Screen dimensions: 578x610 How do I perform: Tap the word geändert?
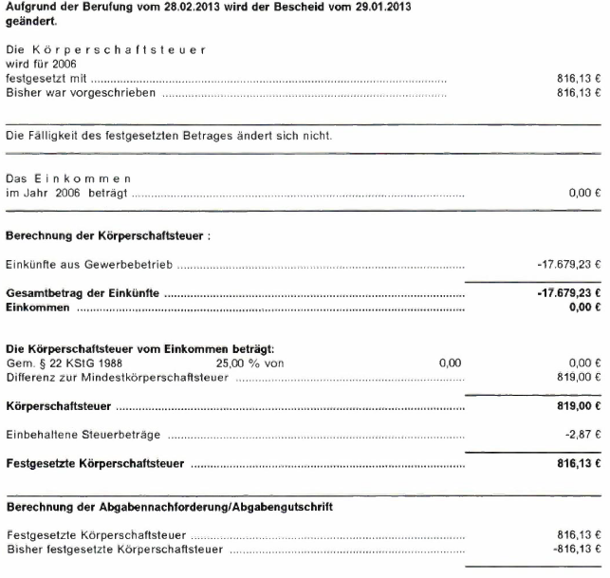tap(31, 21)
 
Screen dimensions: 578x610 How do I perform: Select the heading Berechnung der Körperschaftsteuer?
tap(107, 235)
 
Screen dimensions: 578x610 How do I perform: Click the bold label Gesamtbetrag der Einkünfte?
tap(83, 293)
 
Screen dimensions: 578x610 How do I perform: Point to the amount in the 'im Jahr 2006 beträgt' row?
tap(585, 193)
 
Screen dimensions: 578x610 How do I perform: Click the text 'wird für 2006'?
tap(39, 64)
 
